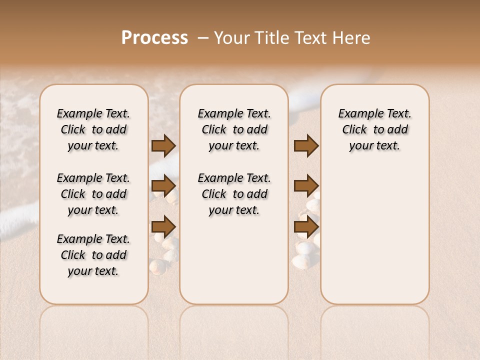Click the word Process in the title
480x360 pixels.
coord(154,38)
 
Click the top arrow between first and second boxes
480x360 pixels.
coord(163,145)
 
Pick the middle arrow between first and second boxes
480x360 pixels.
coord(163,186)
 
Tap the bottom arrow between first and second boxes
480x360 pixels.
coord(163,226)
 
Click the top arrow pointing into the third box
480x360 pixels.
coord(306,145)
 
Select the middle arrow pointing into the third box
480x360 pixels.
coord(306,186)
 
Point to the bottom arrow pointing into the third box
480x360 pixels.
coord(306,226)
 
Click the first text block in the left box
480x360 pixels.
coord(93,129)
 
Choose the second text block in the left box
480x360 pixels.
coord(93,194)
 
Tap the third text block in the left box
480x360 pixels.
coord(93,254)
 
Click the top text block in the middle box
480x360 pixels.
coord(234,129)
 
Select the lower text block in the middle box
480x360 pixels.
coord(234,194)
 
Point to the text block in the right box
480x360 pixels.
coord(374,129)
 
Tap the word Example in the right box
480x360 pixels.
coord(359,113)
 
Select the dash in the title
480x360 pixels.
coord(203,38)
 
